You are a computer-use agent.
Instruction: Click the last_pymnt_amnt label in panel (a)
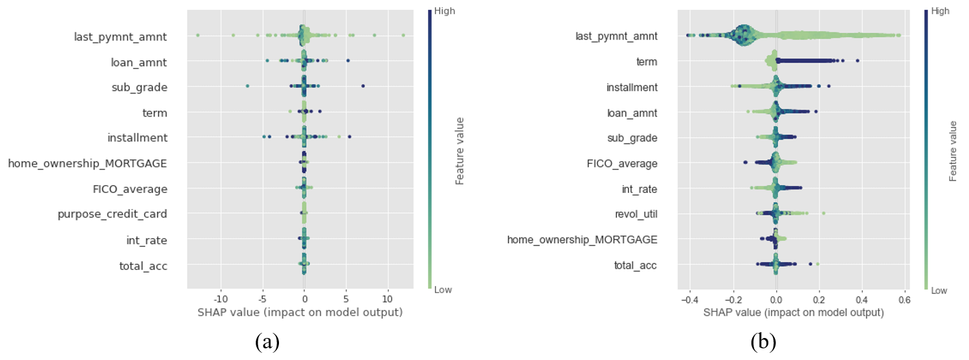120,37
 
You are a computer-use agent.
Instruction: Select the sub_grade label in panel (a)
140,87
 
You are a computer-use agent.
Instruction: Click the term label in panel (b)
647,62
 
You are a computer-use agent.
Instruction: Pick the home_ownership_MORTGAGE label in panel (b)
582,240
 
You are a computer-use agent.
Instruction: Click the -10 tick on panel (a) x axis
221,300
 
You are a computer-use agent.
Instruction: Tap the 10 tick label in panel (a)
387,300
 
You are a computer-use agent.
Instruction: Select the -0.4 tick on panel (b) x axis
689,300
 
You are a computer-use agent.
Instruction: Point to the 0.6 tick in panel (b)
904,300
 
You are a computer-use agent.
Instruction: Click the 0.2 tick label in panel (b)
819,300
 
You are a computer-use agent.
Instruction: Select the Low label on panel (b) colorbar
939,291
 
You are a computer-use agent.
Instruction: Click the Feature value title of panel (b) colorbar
953,150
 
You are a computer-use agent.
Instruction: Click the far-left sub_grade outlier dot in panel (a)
247,86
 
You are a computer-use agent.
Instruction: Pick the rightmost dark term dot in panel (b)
857,62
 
